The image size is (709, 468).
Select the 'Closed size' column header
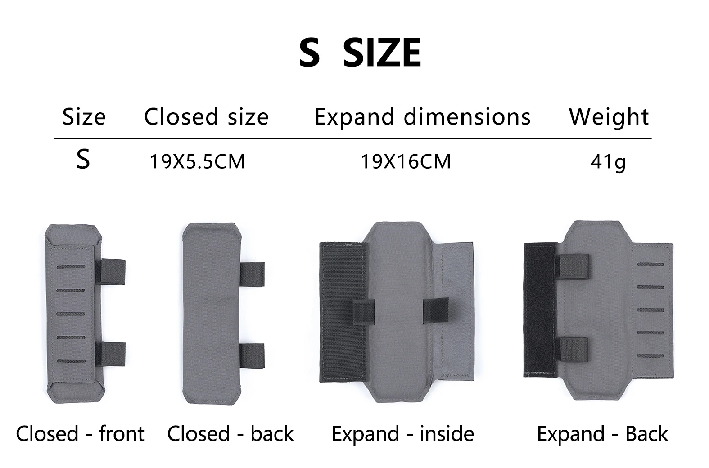click(206, 116)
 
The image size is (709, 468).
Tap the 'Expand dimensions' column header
click(422, 117)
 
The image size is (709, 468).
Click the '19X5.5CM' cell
click(198, 161)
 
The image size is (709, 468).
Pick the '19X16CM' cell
click(406, 161)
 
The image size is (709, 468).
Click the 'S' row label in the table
click(83, 160)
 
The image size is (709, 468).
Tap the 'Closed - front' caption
click(80, 433)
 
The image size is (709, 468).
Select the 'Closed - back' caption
click(230, 433)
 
